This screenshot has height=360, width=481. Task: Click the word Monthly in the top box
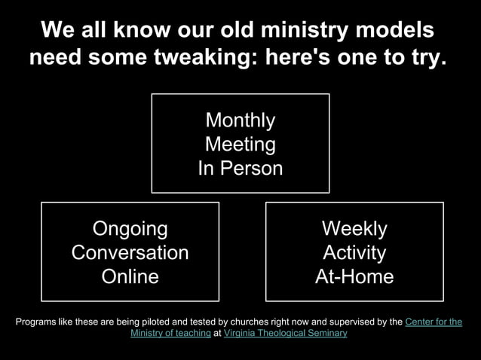click(240, 121)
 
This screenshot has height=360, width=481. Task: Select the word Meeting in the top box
click(240, 145)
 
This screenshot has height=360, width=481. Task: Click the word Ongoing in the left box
click(130, 228)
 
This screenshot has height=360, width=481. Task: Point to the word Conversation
click(130, 252)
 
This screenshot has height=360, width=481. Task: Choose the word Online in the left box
click(130, 276)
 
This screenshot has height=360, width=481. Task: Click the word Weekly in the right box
click(354, 228)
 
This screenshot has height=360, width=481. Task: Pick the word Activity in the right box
click(354, 252)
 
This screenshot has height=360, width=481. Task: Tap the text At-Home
click(354, 276)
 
